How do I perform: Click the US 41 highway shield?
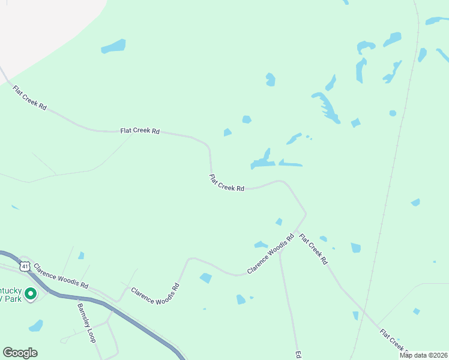point(24,266)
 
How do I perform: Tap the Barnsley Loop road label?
point(86,323)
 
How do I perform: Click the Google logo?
point(20,353)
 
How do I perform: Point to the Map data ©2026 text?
point(423,355)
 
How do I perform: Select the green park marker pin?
point(29,293)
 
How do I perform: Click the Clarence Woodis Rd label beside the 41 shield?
point(61,276)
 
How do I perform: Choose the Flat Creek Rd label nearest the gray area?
point(29,97)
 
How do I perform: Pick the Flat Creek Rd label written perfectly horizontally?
point(140,130)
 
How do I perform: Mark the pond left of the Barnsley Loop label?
point(36,326)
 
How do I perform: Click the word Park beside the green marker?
point(10,298)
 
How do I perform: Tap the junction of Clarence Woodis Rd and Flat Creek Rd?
point(296,232)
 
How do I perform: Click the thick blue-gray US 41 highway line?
point(90,300)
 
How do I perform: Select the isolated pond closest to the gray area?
point(113,46)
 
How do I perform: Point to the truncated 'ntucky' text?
point(11,289)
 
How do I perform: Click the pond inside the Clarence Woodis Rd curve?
point(205,278)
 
